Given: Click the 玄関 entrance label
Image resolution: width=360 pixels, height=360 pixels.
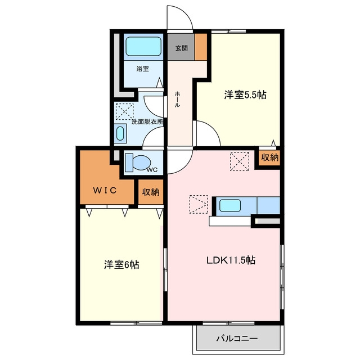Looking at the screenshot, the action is click(x=182, y=48).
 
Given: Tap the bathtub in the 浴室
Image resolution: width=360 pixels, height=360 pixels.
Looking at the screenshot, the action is click(x=143, y=46).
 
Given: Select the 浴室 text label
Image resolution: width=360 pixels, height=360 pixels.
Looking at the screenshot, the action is click(x=142, y=69).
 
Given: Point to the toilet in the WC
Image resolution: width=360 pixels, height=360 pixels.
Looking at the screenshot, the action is click(x=137, y=163).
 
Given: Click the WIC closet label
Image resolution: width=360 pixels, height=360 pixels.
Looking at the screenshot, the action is click(x=105, y=190).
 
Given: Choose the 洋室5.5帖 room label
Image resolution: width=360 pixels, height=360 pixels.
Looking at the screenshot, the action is click(x=245, y=94).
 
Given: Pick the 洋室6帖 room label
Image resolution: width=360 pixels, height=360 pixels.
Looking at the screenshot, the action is click(x=121, y=264).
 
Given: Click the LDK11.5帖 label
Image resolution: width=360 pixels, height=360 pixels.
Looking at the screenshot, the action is click(x=231, y=260).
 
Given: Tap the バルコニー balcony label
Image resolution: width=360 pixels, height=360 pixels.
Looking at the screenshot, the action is click(x=237, y=339).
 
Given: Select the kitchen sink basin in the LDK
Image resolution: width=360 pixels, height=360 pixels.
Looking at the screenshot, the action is click(x=230, y=205).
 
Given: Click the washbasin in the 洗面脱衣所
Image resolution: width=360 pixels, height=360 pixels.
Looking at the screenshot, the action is click(x=120, y=134).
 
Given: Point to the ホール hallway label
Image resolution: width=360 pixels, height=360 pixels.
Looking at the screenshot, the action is click(x=177, y=99).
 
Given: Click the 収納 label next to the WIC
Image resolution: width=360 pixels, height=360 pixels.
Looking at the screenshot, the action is click(x=151, y=192).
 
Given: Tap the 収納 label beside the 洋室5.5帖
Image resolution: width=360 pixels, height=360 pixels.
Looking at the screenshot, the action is click(x=270, y=157).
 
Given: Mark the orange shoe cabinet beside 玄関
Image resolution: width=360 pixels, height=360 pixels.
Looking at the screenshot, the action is click(x=201, y=47).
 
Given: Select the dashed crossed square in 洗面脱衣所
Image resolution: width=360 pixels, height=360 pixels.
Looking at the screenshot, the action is click(x=124, y=111).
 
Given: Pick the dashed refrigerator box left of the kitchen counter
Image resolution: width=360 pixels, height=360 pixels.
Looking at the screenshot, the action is click(x=199, y=204).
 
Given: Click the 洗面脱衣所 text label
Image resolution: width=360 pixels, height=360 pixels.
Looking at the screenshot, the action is click(x=147, y=121).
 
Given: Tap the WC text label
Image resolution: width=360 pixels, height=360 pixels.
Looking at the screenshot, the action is click(x=152, y=170).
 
